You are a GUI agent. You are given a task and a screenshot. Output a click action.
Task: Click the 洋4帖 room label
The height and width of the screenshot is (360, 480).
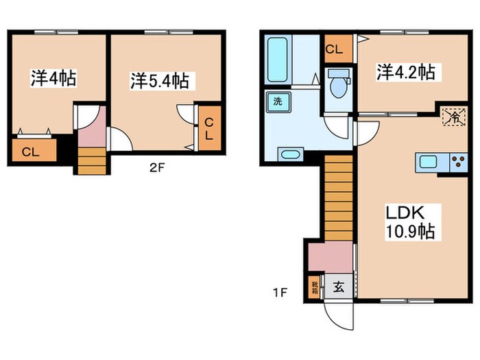pos(53,78)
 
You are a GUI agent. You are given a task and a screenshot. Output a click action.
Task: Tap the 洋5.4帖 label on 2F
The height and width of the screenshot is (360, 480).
pos(160,81)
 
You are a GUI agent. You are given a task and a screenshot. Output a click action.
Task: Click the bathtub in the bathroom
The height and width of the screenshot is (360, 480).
pos(278,60)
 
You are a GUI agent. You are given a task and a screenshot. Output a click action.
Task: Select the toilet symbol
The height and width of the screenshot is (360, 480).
pos(338,85)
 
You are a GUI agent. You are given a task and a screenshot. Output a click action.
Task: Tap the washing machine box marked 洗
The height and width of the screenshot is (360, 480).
pos(278,101)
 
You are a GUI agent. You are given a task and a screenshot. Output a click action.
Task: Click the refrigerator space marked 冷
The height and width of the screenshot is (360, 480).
pos(453,116)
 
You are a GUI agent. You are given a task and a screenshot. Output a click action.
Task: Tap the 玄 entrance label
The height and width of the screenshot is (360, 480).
pos(339,287)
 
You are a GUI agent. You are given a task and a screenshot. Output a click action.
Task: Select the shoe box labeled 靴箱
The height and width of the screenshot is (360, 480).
pos(315,287)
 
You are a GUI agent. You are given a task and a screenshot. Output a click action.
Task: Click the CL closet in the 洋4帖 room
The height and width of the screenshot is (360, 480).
pos(29,152)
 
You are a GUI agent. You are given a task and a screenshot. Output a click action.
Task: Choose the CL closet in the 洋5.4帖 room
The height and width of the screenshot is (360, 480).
pos(211,128)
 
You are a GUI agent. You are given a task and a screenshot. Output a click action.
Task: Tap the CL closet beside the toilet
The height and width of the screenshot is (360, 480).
pos(335,49)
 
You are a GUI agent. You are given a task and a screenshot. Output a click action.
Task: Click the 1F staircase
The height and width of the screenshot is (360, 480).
pos(337,198)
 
